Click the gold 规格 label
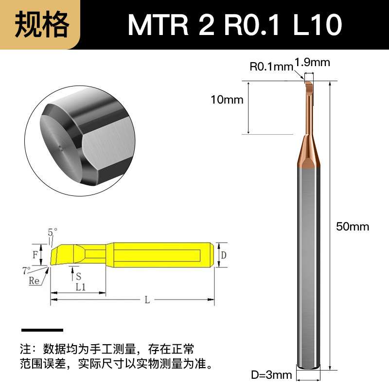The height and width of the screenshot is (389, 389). [42, 25]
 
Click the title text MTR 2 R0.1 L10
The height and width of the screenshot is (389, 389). [235, 25]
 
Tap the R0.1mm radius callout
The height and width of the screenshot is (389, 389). [271, 67]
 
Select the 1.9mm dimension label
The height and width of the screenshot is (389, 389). [312, 62]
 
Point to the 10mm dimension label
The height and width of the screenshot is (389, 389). [227, 100]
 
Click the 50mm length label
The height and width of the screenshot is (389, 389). [353, 227]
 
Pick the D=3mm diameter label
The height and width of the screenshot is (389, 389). [271, 374]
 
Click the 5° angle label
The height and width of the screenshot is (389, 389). [53, 232]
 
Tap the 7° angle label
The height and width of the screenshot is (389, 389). [27, 270]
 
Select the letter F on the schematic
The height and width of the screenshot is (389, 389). [35, 254]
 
